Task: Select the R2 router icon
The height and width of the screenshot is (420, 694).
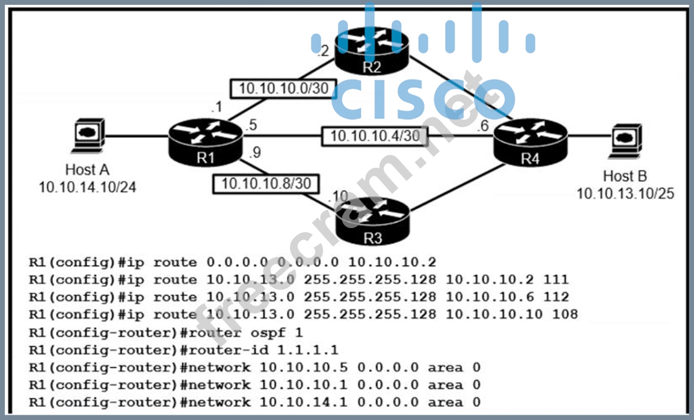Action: (x=371, y=48)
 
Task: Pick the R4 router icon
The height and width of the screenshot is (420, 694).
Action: (x=529, y=140)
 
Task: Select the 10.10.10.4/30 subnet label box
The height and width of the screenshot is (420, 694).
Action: (x=375, y=136)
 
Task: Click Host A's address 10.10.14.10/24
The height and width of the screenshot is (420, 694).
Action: (x=88, y=187)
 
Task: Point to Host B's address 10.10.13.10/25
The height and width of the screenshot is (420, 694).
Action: (x=625, y=193)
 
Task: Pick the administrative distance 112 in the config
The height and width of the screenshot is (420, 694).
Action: (x=557, y=297)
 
